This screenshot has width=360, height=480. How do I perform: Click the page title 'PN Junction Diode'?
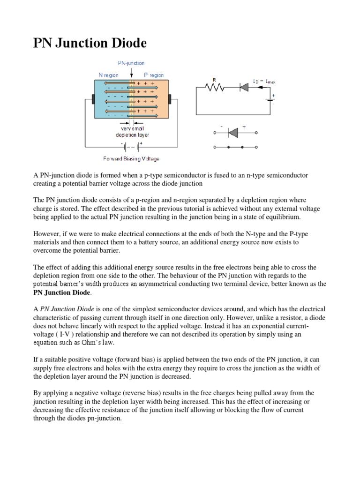90,44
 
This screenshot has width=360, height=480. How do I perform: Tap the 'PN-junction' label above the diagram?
131,63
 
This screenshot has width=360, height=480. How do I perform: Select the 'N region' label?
108,75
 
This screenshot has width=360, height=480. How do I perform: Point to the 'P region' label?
154,75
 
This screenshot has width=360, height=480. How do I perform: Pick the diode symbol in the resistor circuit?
244,87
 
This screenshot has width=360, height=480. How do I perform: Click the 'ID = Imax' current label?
264,81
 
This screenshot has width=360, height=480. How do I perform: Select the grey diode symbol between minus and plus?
233,134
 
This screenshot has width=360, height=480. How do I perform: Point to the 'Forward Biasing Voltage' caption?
131,159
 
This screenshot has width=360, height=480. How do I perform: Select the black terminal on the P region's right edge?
170,100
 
